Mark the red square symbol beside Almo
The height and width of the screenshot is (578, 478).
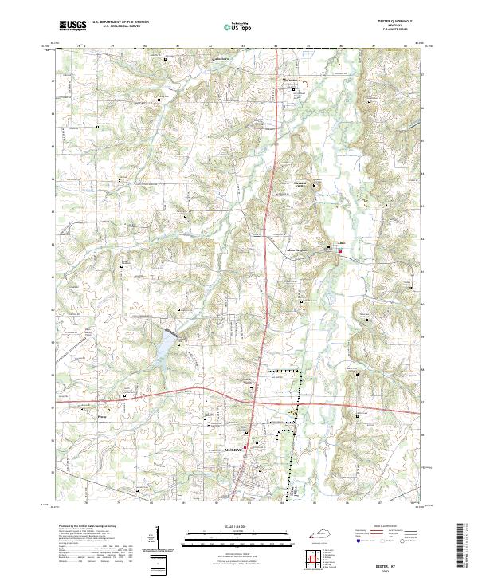tap(341, 253)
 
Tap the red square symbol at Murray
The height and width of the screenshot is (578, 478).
tap(245, 448)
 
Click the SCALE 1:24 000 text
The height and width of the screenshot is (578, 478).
tap(238, 528)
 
